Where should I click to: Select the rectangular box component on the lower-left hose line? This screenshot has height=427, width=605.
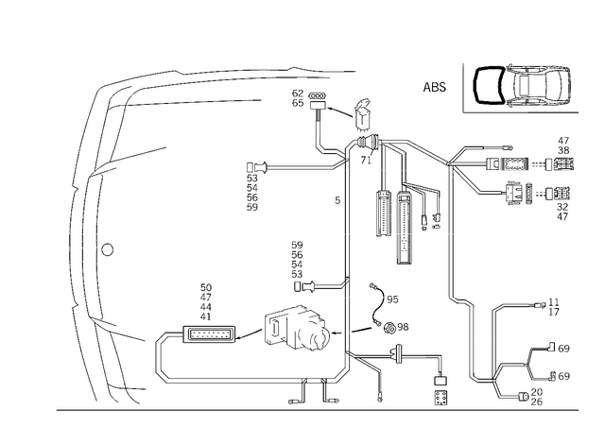tap(208, 334)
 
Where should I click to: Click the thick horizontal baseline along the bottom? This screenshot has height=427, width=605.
tap(312, 410)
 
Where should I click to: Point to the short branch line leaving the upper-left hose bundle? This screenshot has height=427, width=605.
tap(142, 151)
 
